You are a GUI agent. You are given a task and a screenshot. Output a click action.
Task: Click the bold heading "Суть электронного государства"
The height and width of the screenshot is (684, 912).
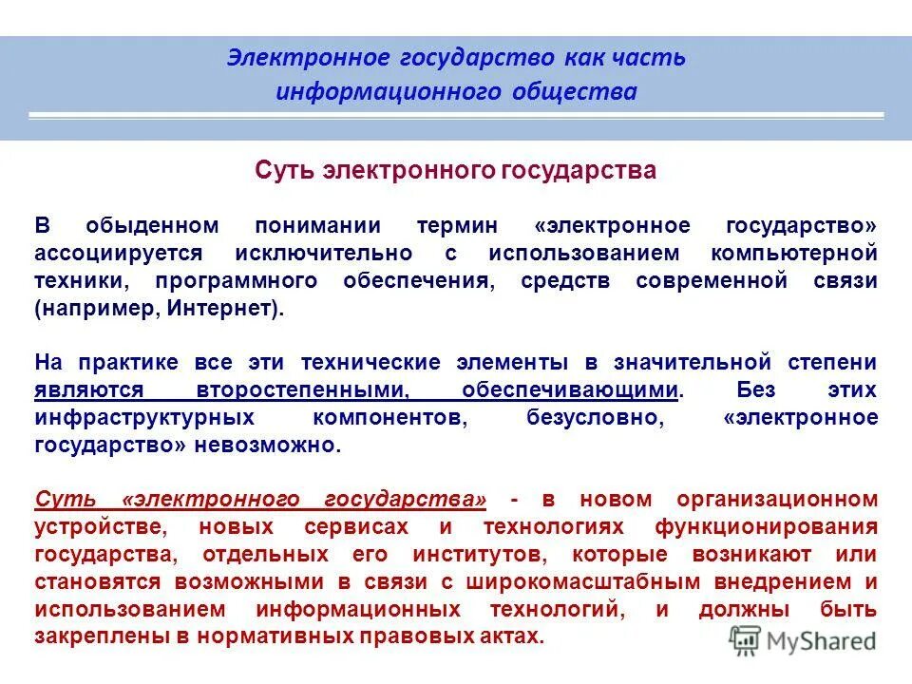click(456, 170)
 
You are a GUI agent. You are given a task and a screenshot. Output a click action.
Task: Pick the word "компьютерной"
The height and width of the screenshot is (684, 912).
click(794, 254)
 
